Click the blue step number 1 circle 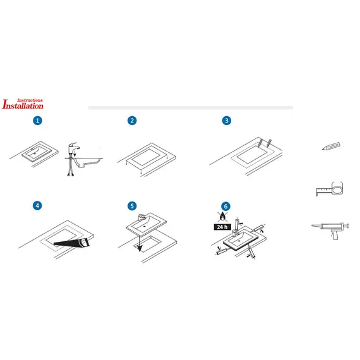[37, 121]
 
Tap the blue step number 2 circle [132, 121]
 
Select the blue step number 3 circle [227, 121]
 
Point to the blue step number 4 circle [37, 205]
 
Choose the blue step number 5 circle [132, 206]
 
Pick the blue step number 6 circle [225, 206]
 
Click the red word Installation [23, 104]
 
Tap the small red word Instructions [30, 100]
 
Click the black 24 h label [222, 227]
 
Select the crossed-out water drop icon [222, 217]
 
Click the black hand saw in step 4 [72, 242]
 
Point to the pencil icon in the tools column [331, 147]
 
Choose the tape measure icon [330, 189]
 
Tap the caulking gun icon [330, 230]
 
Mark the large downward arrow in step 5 [140, 244]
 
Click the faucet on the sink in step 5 [141, 217]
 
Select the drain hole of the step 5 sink [145, 226]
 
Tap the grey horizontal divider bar [191, 107]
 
